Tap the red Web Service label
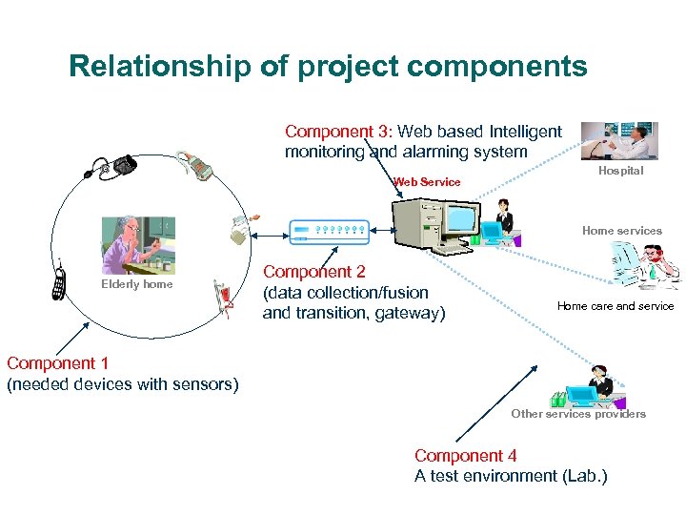click(427, 182)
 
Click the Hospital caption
click(620, 171)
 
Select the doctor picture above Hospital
click(618, 140)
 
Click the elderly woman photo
click(138, 245)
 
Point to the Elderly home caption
click(137, 284)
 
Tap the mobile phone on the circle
click(59, 281)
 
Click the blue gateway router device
click(329, 230)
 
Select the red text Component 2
click(313, 272)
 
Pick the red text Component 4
click(465, 456)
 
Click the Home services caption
click(621, 231)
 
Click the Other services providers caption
click(578, 414)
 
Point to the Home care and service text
click(615, 306)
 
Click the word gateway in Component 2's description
click(407, 313)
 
